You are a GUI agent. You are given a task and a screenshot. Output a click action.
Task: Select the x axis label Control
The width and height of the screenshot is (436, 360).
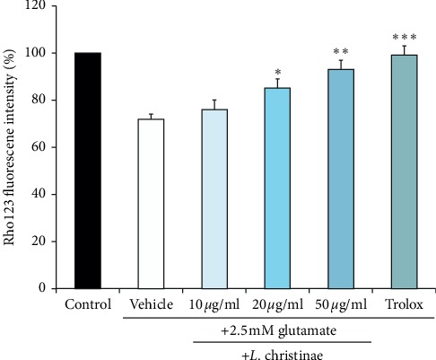(x=88, y=305)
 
